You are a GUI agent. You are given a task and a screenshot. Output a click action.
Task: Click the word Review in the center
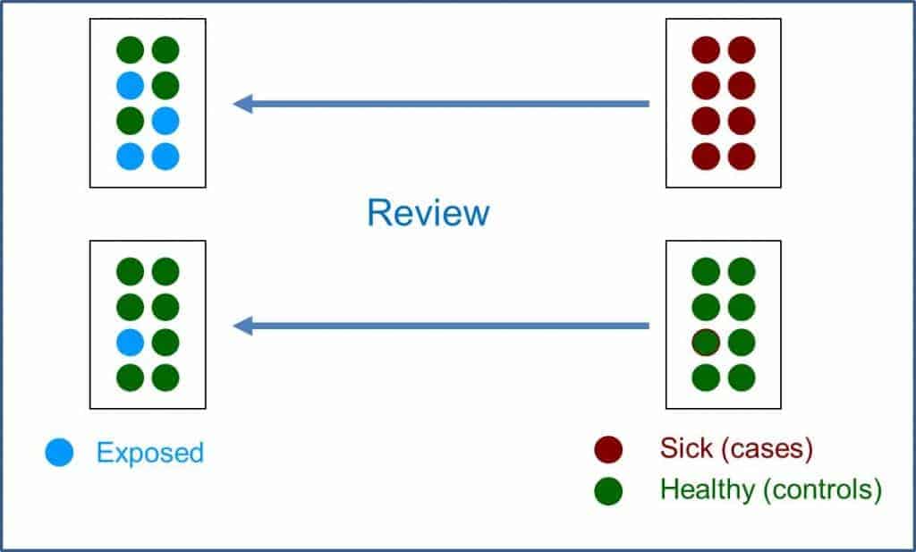tap(428, 214)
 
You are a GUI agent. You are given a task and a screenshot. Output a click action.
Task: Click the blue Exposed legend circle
tap(59, 453)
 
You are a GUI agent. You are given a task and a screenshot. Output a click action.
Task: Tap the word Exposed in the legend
tap(149, 453)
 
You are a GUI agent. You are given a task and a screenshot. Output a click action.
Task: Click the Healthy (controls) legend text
tap(771, 490)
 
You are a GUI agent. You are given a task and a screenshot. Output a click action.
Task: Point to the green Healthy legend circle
tap(608, 491)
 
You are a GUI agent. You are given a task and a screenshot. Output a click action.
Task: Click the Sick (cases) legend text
tap(736, 448)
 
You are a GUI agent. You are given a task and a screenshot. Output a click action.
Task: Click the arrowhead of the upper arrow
tap(243, 104)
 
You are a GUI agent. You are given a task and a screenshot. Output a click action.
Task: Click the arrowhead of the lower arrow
tap(243, 327)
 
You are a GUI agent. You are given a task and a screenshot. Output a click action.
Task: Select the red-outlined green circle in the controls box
tap(706, 342)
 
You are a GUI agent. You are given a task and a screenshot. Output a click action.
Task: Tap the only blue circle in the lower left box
tap(131, 342)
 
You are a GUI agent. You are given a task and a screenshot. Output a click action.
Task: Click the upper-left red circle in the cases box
tap(706, 50)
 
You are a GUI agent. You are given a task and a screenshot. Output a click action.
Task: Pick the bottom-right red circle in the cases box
tap(742, 157)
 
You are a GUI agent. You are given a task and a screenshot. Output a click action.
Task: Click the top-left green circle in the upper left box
tap(131, 50)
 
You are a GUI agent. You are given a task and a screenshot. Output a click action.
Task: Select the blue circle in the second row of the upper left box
tap(131, 86)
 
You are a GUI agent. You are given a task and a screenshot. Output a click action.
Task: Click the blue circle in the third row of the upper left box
tap(165, 121)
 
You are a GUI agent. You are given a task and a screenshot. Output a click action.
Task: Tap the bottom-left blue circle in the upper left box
tap(131, 157)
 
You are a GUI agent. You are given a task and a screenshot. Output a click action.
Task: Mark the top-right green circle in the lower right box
tap(742, 271)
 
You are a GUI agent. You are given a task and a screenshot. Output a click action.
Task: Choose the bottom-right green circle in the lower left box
tap(165, 378)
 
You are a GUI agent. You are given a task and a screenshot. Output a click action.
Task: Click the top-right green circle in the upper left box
tap(165, 50)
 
